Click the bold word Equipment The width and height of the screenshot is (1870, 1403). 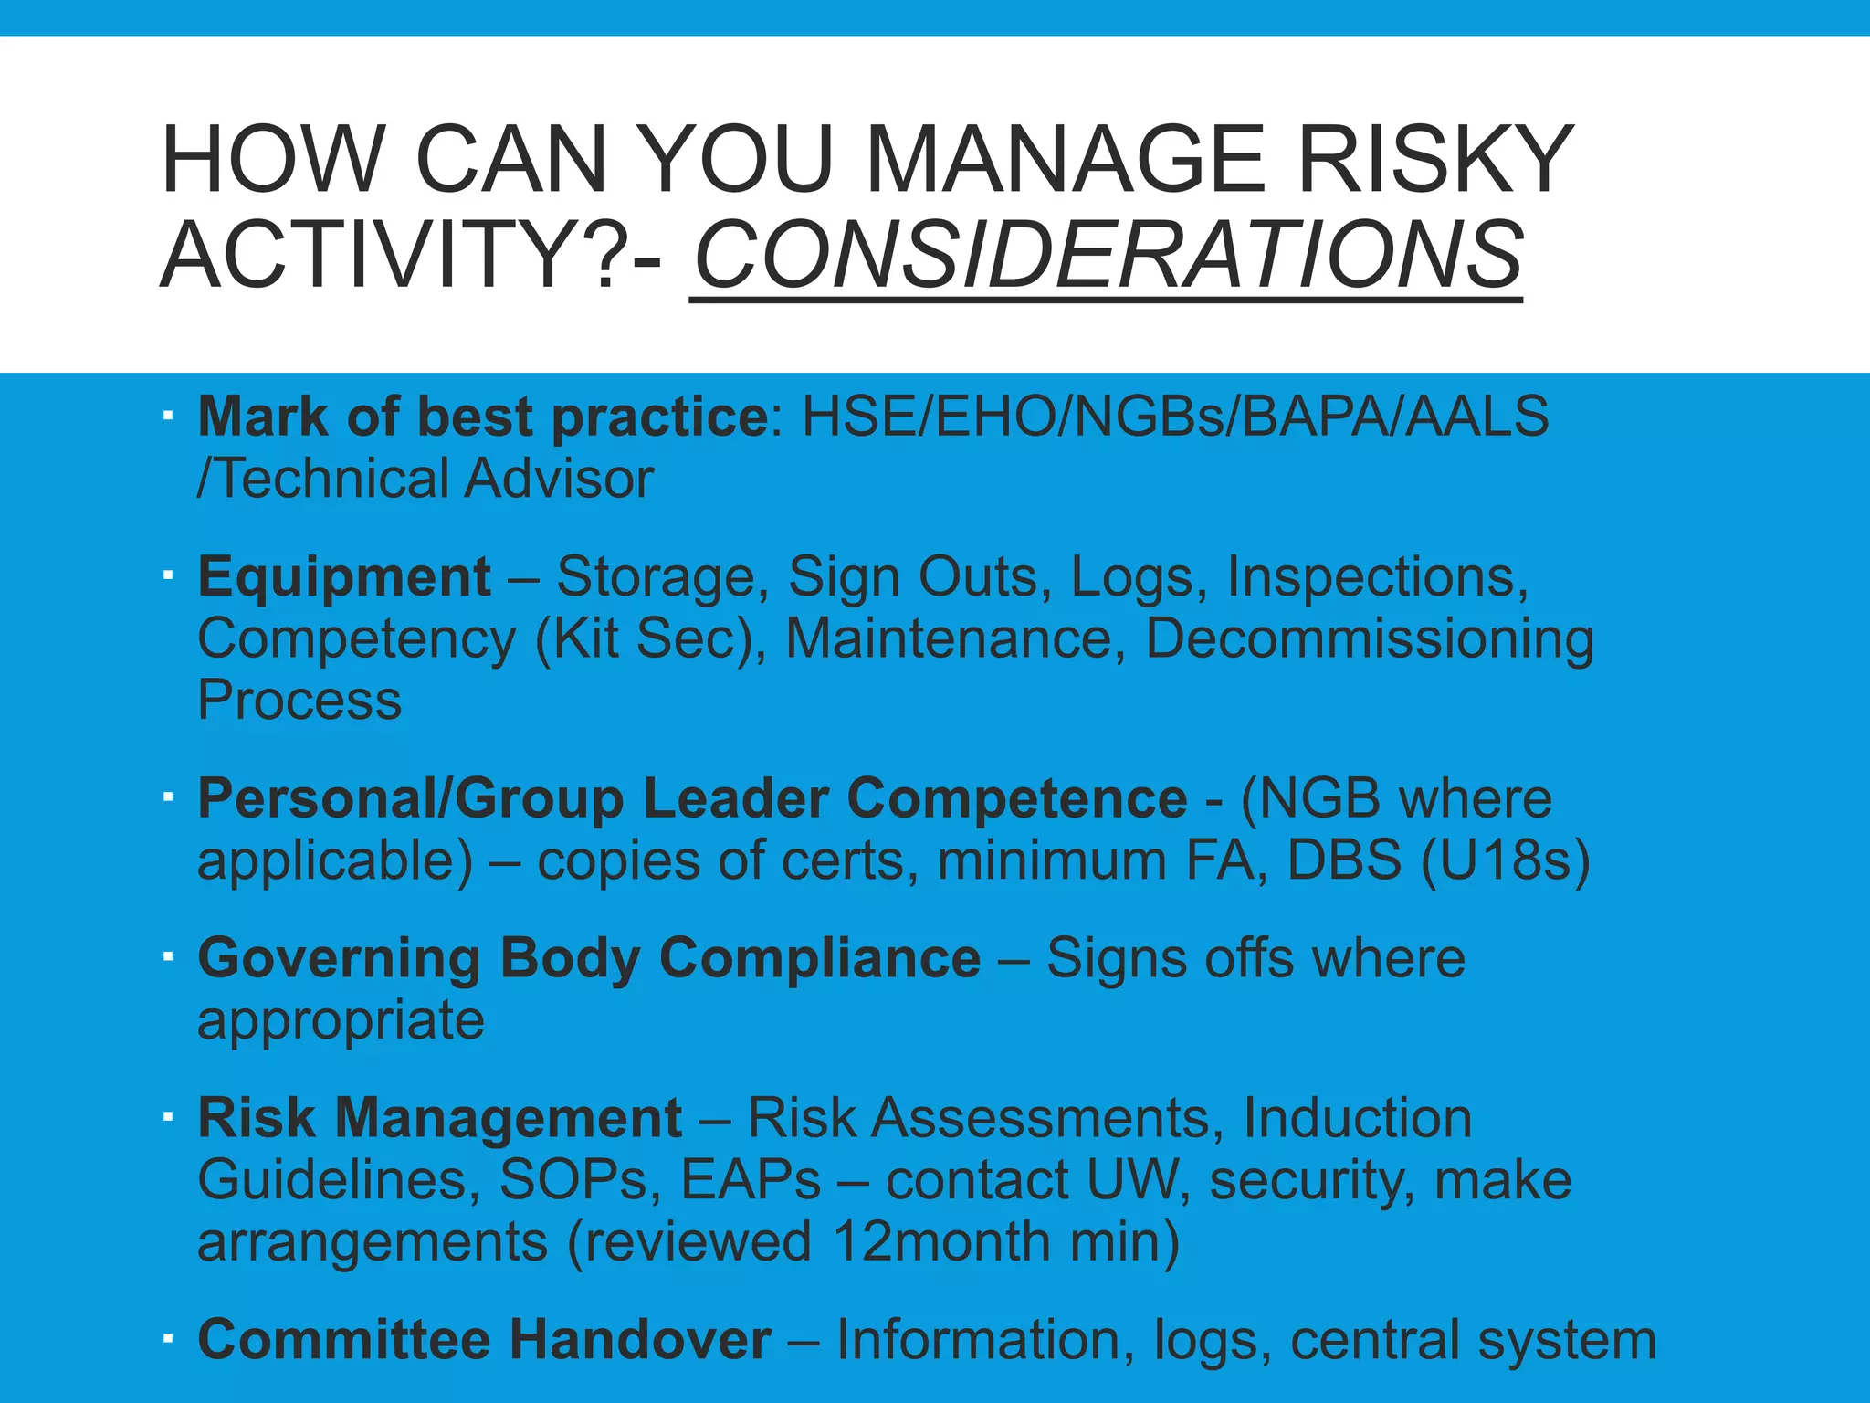345,577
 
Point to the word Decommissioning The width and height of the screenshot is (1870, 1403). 1370,638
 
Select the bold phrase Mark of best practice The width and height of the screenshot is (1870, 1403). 483,417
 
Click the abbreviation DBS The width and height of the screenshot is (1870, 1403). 1343,860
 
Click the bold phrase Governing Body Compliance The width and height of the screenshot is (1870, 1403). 589,958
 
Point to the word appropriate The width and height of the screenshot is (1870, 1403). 341,1020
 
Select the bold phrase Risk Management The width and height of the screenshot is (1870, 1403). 439,1118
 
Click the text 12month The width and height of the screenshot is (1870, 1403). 941,1242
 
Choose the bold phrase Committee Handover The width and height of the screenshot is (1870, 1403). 484,1340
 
